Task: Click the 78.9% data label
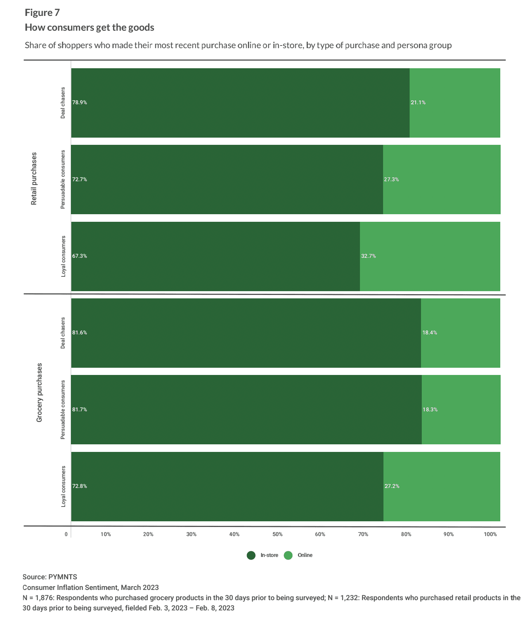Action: click(x=80, y=103)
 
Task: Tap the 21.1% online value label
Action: click(x=418, y=103)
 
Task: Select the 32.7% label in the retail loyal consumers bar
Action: click(x=368, y=256)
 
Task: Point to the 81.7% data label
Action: click(x=80, y=410)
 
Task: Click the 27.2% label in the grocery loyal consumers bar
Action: click(x=392, y=486)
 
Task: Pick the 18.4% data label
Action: click(x=430, y=333)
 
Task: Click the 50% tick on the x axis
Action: click(x=277, y=535)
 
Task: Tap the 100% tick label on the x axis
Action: click(x=490, y=535)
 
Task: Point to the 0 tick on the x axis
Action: click(x=66, y=535)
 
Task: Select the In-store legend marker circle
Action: click(x=251, y=556)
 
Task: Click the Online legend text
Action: click(x=305, y=555)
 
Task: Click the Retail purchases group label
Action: click(x=34, y=179)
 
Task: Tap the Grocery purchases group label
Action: click(x=39, y=393)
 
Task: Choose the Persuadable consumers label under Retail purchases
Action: click(x=63, y=179)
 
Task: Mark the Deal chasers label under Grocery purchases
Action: click(x=63, y=333)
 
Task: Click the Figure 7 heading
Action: click(x=42, y=13)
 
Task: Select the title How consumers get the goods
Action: click(x=90, y=28)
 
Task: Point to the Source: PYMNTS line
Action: click(x=50, y=577)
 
